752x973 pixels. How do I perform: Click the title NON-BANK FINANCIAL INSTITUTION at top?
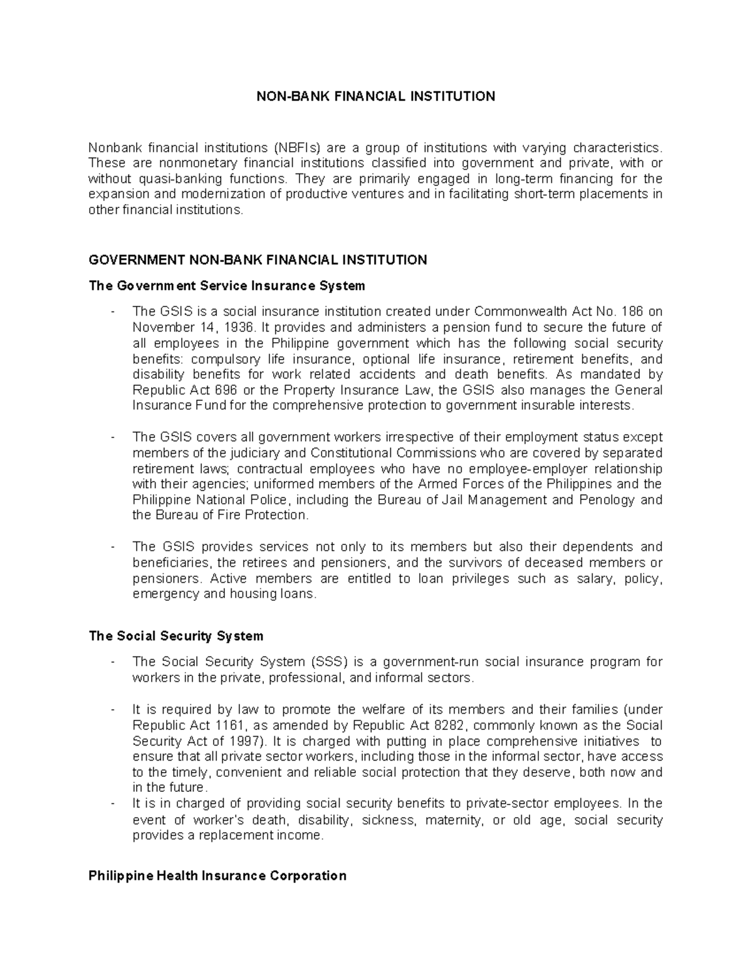point(375,96)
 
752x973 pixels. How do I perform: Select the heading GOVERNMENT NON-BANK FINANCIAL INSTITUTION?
point(258,260)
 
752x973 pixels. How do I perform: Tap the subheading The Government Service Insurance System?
point(227,286)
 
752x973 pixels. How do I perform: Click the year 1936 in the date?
point(237,327)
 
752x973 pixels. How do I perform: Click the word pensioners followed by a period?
point(167,578)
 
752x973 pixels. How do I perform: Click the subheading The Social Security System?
point(176,636)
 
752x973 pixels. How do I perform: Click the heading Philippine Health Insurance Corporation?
point(217,875)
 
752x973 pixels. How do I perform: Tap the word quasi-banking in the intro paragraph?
point(170,179)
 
